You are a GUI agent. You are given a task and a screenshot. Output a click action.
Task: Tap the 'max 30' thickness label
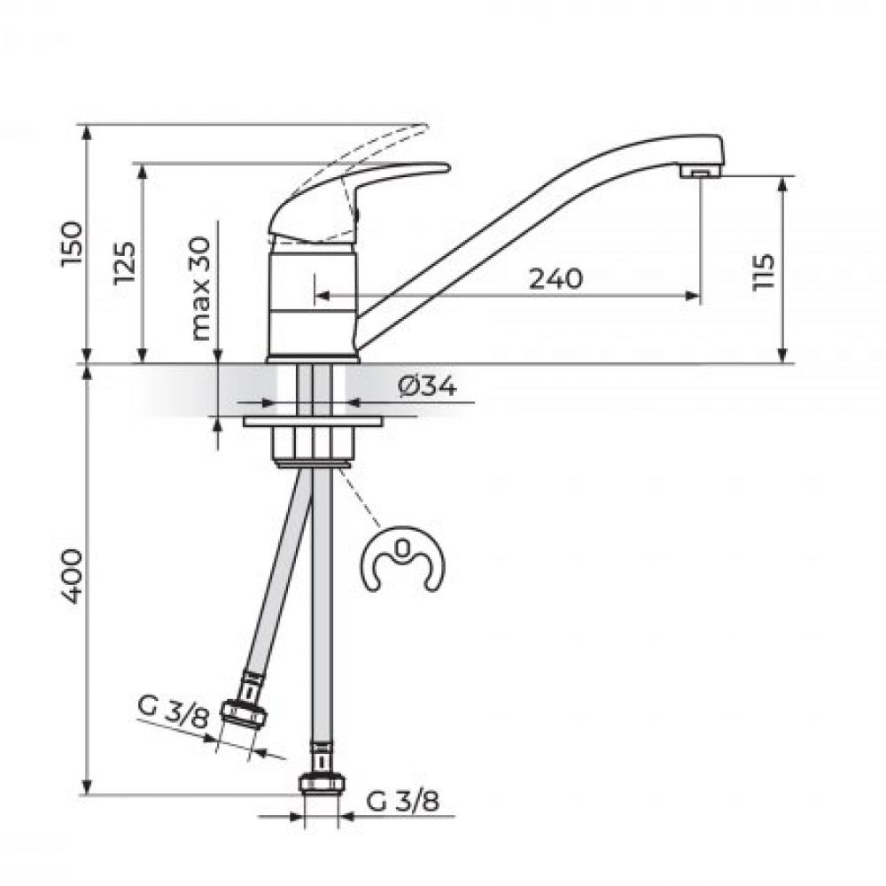pyautogui.click(x=200, y=288)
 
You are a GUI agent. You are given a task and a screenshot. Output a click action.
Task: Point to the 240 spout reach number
pyautogui.click(x=556, y=278)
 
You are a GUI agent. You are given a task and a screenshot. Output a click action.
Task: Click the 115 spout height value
pyautogui.click(x=763, y=272)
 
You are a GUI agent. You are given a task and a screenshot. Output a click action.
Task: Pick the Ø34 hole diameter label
pyautogui.click(x=427, y=387)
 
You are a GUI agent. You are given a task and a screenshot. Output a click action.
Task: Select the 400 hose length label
pyautogui.click(x=73, y=577)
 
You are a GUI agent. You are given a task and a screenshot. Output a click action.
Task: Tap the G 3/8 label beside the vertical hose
pyautogui.click(x=402, y=801)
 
